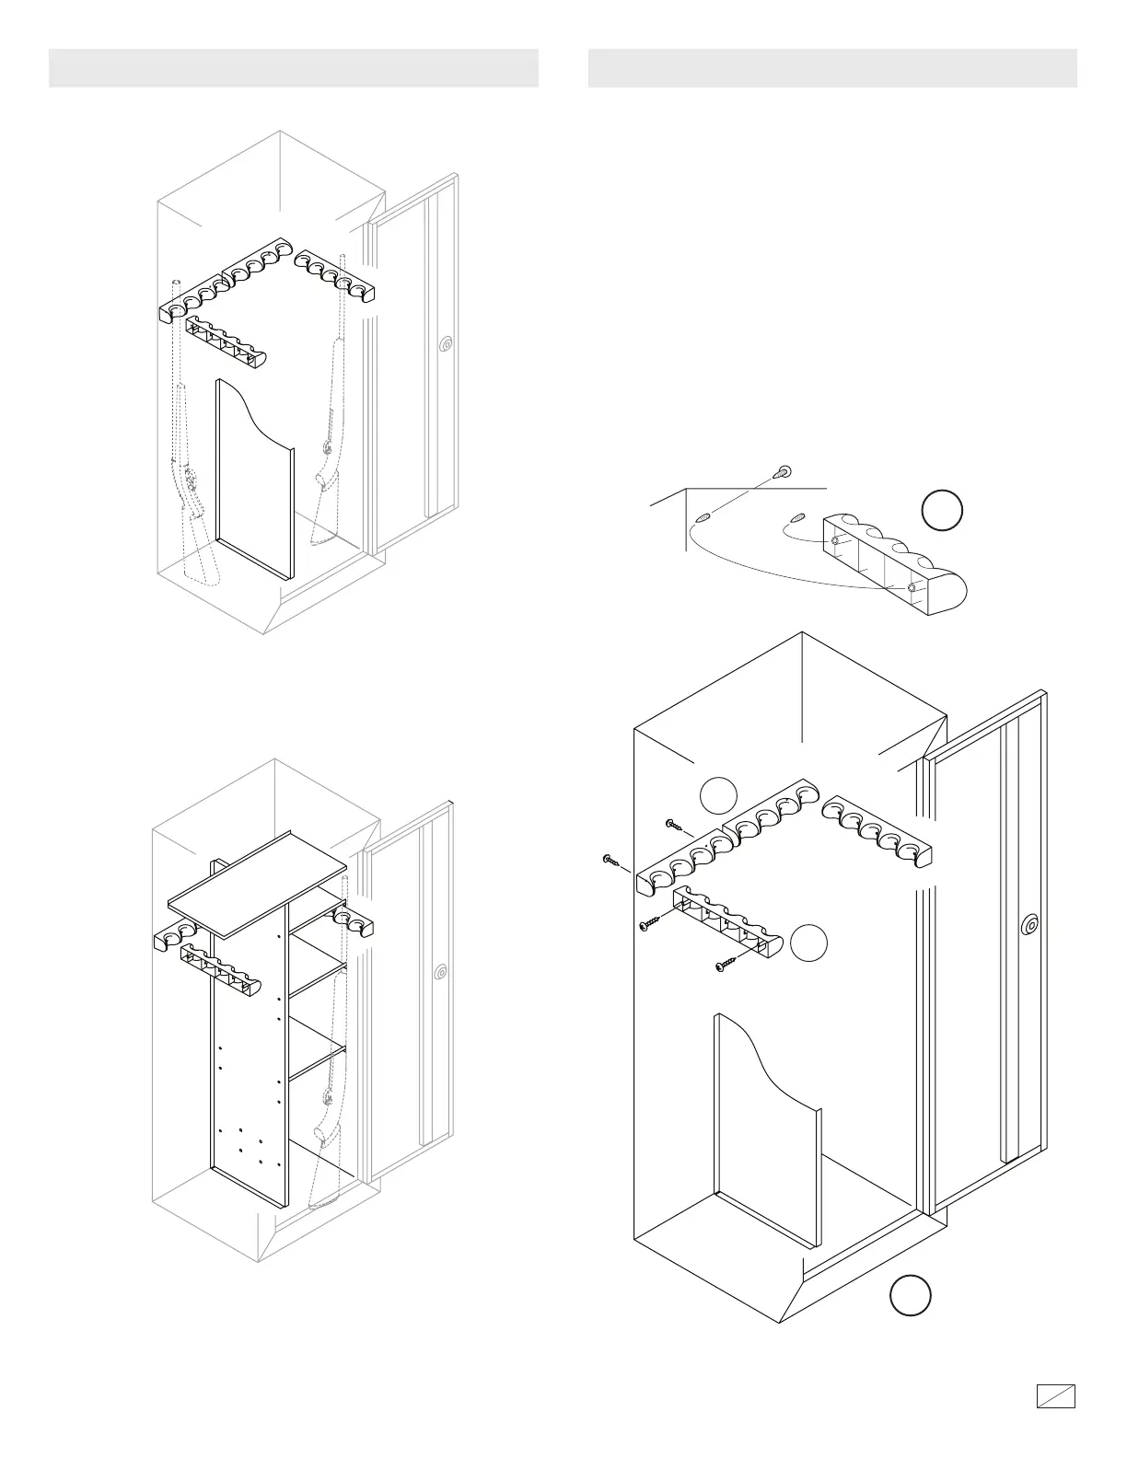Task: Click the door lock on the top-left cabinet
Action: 447,345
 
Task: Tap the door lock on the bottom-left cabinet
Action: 443,971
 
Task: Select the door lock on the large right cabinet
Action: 1030,923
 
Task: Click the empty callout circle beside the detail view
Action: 942,511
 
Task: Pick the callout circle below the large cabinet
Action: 910,1295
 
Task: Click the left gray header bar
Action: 293,68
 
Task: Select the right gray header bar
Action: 832,68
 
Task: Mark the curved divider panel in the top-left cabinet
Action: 254,479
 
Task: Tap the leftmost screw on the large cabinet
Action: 610,860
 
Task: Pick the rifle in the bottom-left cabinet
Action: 327,1105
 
